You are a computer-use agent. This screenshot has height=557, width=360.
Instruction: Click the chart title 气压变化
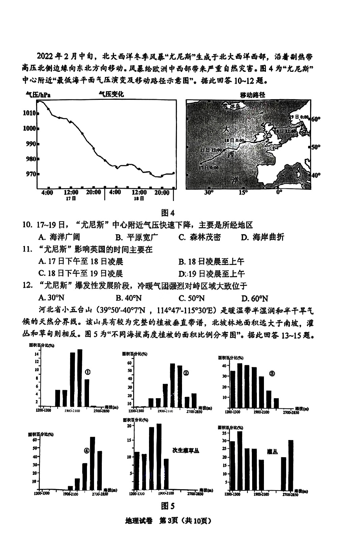coord(111,94)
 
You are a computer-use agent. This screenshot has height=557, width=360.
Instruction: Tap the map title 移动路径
coord(252,95)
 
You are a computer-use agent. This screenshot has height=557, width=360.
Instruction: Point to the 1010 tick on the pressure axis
coord(29,113)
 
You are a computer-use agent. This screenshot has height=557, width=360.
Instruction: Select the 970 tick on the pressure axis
coord(29,174)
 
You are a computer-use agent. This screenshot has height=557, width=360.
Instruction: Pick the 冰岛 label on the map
coord(235,107)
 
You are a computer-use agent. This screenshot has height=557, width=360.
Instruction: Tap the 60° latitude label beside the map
coord(316,119)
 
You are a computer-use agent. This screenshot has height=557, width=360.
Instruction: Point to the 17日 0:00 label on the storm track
coord(209,168)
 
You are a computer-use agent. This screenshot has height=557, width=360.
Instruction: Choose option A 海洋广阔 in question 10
coord(59,237)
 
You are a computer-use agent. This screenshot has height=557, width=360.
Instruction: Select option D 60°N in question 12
coord(255,298)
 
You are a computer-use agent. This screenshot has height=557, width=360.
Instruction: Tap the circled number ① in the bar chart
coord(88,372)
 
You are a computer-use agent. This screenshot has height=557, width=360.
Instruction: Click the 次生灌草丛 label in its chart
coord(186,451)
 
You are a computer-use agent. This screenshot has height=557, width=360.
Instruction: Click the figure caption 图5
coord(168,506)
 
